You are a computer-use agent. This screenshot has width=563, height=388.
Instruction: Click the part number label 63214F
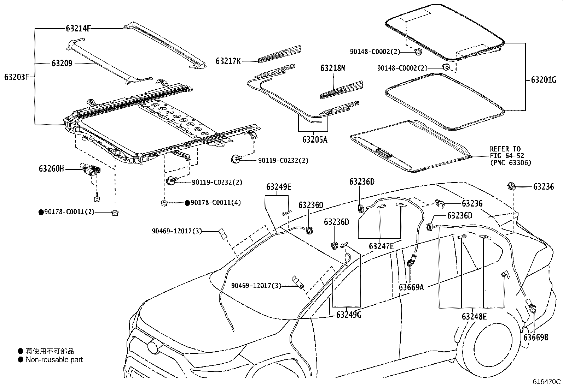pos(79,28)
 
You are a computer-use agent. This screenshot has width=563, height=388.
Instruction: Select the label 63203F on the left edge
pos(17,77)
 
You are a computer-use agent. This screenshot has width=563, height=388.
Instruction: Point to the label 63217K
pos(228,61)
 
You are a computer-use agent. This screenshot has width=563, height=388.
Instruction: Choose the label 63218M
pos(333,68)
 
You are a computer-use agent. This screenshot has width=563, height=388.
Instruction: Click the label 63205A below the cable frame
pos(315,139)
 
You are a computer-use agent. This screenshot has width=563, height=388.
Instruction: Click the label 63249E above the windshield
pos(279,187)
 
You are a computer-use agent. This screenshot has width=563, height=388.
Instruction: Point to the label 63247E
pos(381,246)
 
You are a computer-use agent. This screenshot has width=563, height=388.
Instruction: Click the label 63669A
pos(411,287)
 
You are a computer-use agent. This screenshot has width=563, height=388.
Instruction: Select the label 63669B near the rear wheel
pos(536,337)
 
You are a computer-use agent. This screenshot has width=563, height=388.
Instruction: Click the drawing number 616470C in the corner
pos(547,382)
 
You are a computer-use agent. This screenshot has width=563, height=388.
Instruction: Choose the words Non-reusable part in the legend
pos(54,360)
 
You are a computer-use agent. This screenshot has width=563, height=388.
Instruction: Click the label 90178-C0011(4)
pos(216,203)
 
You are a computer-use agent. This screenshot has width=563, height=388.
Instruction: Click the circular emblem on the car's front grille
pos(154,346)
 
